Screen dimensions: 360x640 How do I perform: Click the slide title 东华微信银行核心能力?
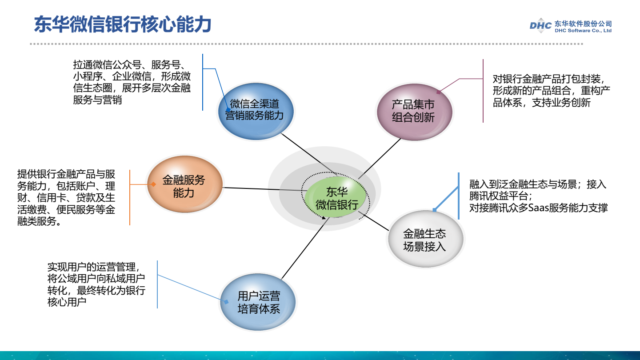tap(122, 25)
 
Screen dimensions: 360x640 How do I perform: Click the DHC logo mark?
tap(540, 26)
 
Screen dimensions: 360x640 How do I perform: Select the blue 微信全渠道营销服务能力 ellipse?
tap(256, 110)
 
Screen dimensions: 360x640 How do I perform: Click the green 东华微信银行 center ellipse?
tap(337, 198)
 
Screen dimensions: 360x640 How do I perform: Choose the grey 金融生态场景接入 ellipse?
tap(425, 240)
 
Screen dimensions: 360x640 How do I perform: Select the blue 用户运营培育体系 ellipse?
tap(258, 302)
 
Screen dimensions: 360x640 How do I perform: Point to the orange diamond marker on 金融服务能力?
tap(153, 184)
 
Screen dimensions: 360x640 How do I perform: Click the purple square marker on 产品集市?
tap(438, 92)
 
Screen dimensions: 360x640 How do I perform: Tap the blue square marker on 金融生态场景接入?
tap(434, 210)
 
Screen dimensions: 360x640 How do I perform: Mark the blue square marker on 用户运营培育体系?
tap(226, 302)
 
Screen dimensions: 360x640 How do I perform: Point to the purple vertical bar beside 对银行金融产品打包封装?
tap(483, 91)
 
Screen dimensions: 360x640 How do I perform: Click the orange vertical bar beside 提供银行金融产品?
tap(130, 197)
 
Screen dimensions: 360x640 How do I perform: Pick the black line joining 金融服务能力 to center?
tap(262, 189)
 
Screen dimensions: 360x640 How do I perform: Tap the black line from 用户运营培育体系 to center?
tap(302, 249)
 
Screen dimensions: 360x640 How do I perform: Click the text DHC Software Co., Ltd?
tap(583, 31)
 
